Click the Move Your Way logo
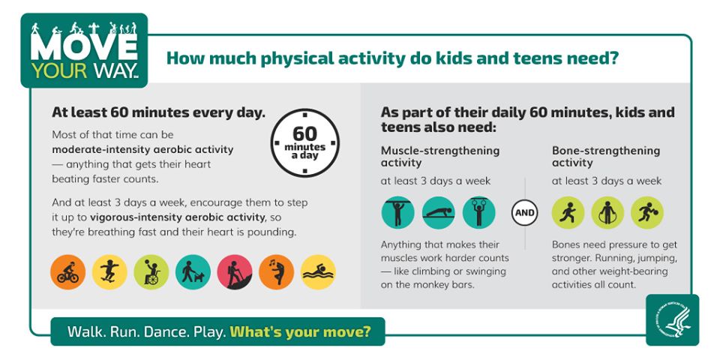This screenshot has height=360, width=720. click(x=84, y=51)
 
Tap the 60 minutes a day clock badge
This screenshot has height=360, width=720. click(x=304, y=142)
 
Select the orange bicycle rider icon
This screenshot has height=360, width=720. click(x=67, y=272)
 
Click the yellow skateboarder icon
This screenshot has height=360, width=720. click(x=109, y=272)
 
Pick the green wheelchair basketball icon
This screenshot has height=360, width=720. click(x=151, y=272)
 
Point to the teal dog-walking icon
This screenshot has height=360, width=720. click(x=193, y=272)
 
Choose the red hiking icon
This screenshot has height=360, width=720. click(x=235, y=272)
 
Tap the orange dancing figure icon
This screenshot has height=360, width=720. click(x=276, y=272)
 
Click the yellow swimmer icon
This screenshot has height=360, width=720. click(x=318, y=272)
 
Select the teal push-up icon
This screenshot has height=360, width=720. click(x=439, y=212)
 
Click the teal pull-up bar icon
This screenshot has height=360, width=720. click(x=397, y=212)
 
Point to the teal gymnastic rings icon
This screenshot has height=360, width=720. click(x=479, y=212)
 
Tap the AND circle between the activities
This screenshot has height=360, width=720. click(x=524, y=213)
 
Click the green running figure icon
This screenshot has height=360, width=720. click(x=568, y=212)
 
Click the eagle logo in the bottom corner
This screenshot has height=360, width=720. click(x=672, y=319)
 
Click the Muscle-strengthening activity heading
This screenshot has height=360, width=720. click(x=439, y=156)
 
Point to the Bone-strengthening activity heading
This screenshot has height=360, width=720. click(x=606, y=156)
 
